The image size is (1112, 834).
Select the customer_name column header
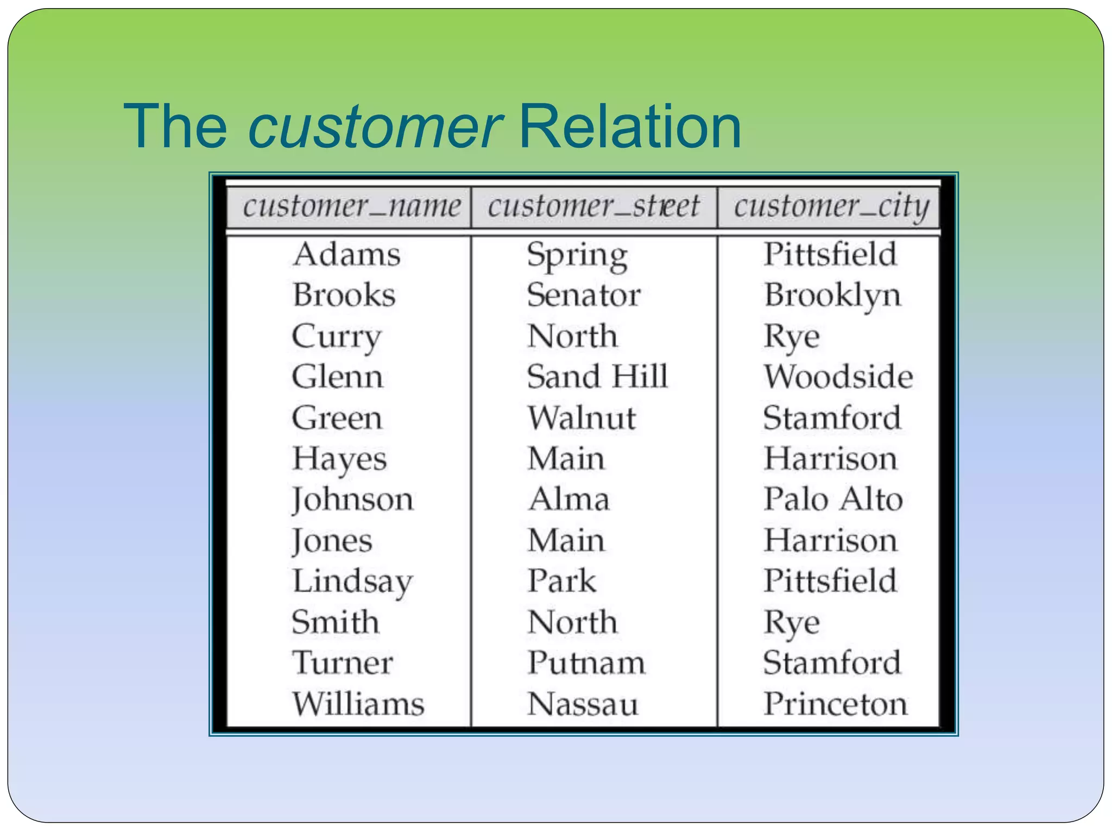pyautogui.click(x=351, y=207)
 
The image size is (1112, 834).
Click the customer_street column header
pyautogui.click(x=593, y=207)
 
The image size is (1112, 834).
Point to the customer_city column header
pyautogui.click(x=831, y=207)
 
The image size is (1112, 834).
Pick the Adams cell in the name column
pyautogui.click(x=346, y=254)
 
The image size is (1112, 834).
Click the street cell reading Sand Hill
pyautogui.click(x=597, y=376)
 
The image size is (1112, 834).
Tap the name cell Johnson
pyautogui.click(x=352, y=500)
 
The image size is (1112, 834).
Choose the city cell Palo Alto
pyautogui.click(x=833, y=499)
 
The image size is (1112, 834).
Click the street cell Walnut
pyautogui.click(x=582, y=418)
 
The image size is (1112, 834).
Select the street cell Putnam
pyautogui.click(x=586, y=663)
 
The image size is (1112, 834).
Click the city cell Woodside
pyautogui.click(x=838, y=376)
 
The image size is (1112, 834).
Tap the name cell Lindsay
pyautogui.click(x=352, y=582)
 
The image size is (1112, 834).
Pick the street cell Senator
pyautogui.click(x=584, y=295)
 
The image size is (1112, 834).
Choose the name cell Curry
pyautogui.click(x=337, y=337)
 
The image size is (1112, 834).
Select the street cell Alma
pyautogui.click(x=569, y=499)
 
